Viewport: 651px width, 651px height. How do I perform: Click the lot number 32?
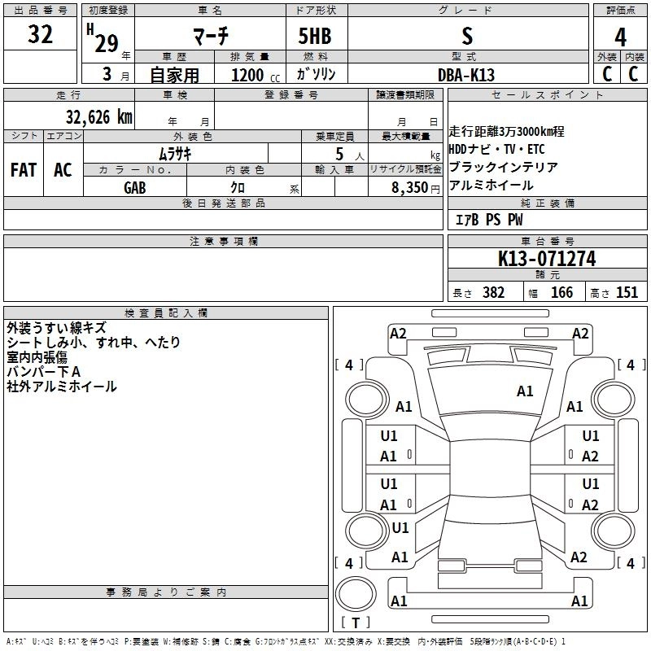(40, 35)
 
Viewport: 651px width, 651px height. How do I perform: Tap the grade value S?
(466, 36)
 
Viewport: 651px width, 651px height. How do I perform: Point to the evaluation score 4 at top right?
(621, 37)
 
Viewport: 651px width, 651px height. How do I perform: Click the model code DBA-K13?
(466, 74)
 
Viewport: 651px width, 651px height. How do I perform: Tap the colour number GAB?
(135, 187)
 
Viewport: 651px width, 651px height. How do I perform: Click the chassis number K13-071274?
(547, 259)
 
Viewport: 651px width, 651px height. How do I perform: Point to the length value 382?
(493, 293)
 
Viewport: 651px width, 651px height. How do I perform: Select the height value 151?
(627, 293)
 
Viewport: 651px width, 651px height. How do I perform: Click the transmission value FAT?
(24, 170)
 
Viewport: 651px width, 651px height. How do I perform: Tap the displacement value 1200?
(247, 74)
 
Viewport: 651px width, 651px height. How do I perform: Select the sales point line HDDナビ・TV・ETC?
(496, 149)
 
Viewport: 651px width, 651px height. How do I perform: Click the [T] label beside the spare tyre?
(355, 623)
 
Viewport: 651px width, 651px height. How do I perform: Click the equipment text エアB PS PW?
(489, 220)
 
